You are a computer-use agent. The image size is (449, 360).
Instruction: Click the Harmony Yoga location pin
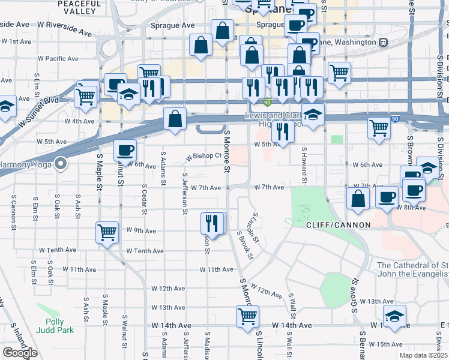pyautogui.click(x=61, y=163)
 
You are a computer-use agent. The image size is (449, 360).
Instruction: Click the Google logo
pyautogui.click(x=20, y=353)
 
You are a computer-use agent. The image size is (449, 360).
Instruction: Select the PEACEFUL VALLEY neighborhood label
pyautogui.click(x=79, y=7)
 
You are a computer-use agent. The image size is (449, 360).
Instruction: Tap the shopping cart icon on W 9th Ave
pyautogui.click(x=107, y=232)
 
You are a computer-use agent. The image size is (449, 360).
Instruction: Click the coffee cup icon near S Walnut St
pyautogui.click(x=125, y=149)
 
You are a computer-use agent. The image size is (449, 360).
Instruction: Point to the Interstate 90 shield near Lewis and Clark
pyautogui.click(x=267, y=103)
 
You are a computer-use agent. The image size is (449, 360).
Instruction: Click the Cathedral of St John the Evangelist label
pyautogui.click(x=412, y=270)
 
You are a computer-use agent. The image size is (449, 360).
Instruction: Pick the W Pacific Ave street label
pyautogui.click(x=58, y=59)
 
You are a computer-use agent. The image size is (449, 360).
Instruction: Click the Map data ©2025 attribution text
pyautogui.click(x=423, y=355)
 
